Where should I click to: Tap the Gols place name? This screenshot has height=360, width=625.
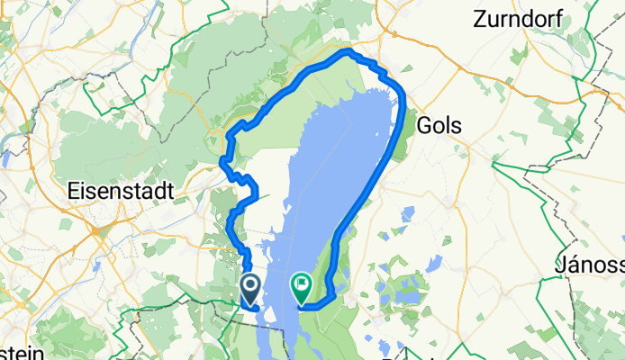pos(440,125)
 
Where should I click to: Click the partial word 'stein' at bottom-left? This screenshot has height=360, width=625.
pos(22,353)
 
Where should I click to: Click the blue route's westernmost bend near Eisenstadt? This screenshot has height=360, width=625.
pos(223,162)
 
